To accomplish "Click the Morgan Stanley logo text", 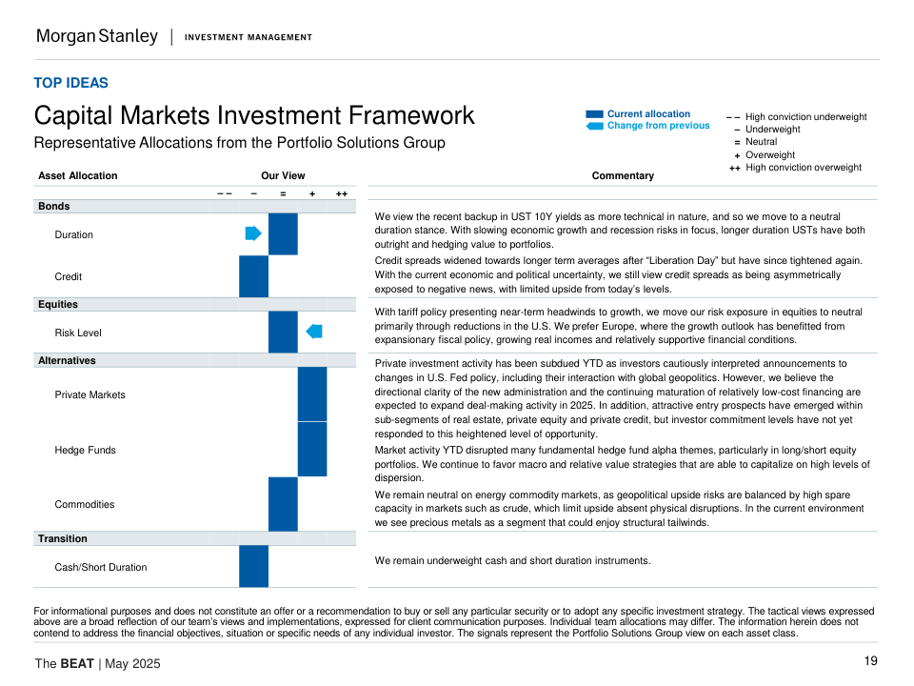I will [96, 36].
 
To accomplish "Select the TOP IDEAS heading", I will [70, 83].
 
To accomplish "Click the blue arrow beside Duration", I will [253, 233].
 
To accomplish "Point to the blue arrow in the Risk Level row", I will [314, 332].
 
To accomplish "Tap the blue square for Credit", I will [253, 276].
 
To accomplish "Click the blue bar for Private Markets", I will [312, 394].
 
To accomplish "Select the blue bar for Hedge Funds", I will [312, 450].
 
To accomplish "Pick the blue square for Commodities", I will [283, 504].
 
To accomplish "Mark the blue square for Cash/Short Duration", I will [253, 566].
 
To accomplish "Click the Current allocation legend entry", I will [647, 114].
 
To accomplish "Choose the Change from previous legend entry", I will [658, 126].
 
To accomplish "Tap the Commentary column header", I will [623, 175].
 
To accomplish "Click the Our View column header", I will [283, 175].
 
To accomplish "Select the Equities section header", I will [58, 305].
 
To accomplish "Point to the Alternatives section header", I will [67, 361].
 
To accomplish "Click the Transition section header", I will [62, 539].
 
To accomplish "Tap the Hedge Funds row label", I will [85, 450].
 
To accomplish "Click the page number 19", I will [870, 661].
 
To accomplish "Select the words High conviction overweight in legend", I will [803, 168].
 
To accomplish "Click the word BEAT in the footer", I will [77, 664].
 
